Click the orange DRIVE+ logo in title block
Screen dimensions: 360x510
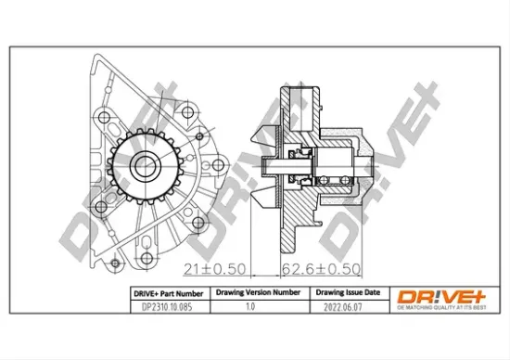[440, 295]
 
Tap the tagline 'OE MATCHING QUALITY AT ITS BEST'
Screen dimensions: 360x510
[440, 306]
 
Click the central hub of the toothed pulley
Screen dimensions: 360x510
[144, 167]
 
